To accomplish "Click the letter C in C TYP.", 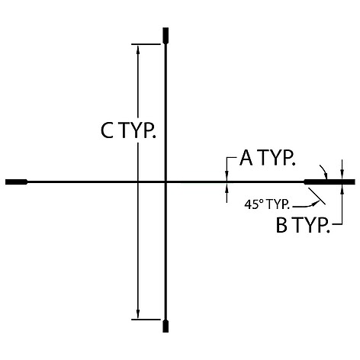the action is [x=107, y=130].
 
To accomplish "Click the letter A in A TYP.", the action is [x=246, y=157].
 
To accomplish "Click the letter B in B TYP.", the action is [x=281, y=225].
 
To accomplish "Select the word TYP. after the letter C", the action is [x=137, y=130].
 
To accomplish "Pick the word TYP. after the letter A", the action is [x=277, y=158].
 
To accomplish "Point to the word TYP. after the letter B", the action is [x=312, y=225].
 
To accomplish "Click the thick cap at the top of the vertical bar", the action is [x=166, y=35].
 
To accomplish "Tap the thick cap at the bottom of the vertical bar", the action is [x=166, y=326].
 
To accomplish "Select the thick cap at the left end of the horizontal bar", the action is [x=17, y=182].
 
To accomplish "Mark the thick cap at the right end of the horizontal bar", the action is [x=329, y=182].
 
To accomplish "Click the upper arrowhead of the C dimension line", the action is [x=138, y=50].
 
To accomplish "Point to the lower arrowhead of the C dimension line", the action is [x=138, y=314].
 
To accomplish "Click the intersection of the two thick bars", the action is [x=166, y=182].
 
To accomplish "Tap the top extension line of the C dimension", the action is [x=146, y=44].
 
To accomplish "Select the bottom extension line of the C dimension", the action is [x=146, y=320].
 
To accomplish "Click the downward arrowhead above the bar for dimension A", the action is [x=227, y=175].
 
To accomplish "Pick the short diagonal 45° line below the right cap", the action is [x=317, y=196].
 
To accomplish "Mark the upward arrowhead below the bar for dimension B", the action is [x=342, y=189].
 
